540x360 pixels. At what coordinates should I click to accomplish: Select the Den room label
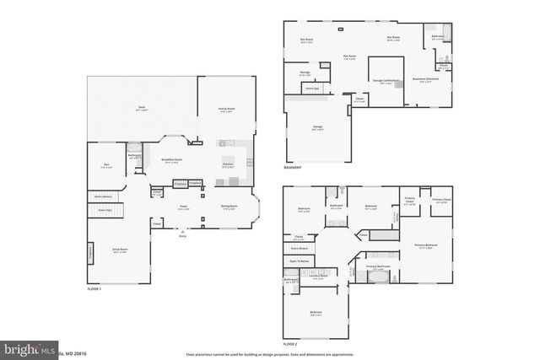[106, 165]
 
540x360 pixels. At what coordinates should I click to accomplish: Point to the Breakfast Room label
[172, 159]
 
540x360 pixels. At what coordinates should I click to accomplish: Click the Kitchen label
[227, 165]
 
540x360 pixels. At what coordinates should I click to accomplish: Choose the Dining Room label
[229, 206]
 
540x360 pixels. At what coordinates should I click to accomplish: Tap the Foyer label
[182, 206]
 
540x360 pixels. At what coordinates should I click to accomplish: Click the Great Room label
[119, 250]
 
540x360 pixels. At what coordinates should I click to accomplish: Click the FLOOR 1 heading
[94, 289]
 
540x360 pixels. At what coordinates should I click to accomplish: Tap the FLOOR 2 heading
[290, 344]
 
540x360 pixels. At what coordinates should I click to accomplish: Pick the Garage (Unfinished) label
[385, 82]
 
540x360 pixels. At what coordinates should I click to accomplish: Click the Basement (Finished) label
[423, 81]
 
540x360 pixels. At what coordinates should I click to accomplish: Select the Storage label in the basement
[305, 73]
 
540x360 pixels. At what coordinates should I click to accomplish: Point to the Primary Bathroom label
[378, 266]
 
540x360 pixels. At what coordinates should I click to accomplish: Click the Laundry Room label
[318, 276]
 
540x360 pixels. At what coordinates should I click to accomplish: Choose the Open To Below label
[300, 261]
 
